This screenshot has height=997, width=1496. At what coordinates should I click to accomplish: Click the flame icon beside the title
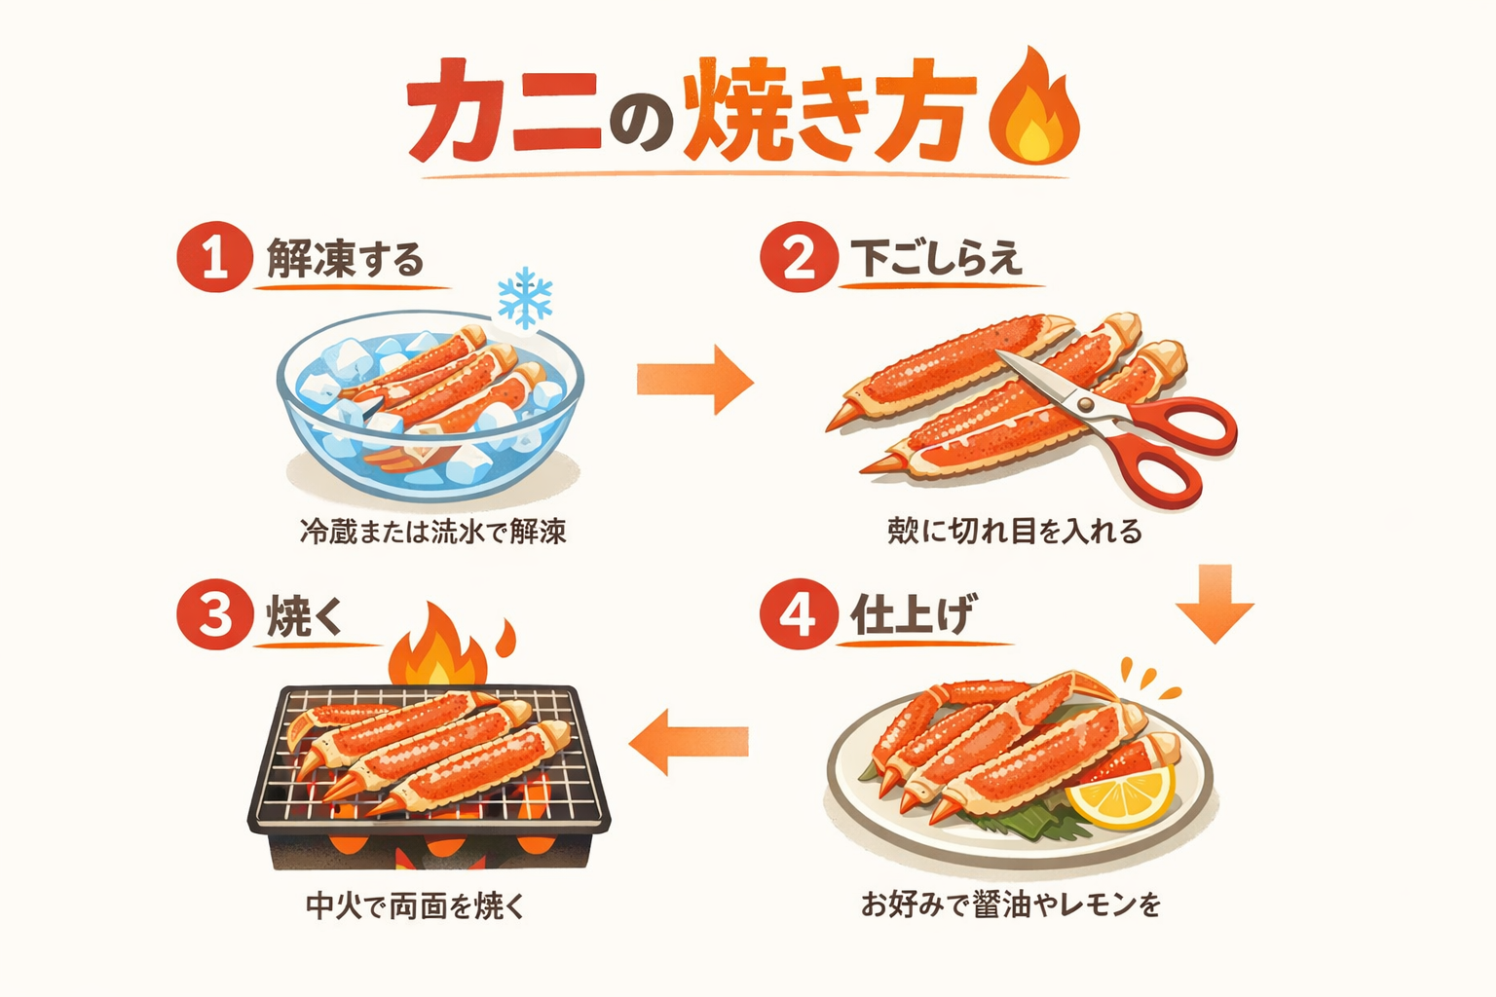[1034, 110]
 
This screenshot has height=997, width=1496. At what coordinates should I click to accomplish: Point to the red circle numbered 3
[215, 615]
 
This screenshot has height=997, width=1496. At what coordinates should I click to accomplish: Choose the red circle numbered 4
[799, 615]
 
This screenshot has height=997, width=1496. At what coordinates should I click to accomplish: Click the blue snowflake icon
[525, 297]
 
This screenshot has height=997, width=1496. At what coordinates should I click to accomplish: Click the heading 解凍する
[346, 259]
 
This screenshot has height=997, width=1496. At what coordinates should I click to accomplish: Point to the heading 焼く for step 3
[305, 616]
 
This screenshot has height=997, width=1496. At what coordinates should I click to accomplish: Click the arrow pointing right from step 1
[695, 379]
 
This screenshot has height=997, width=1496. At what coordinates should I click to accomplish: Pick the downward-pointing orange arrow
[1215, 604]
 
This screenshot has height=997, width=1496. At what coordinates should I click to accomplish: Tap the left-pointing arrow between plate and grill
[689, 741]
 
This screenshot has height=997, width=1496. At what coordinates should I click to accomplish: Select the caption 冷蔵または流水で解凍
[432, 532]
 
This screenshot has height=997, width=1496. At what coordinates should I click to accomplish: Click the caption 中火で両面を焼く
[416, 906]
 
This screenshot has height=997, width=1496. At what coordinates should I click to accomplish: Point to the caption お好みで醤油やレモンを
[1011, 905]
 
